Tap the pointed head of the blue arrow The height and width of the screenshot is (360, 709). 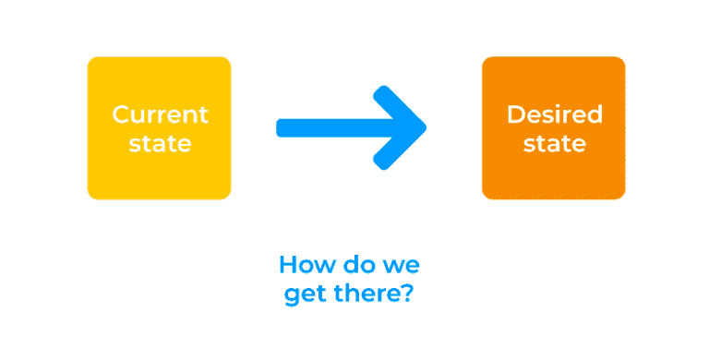[x=411, y=127]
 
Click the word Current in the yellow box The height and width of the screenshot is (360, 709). [x=160, y=115]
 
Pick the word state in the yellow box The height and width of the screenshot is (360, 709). [x=160, y=143]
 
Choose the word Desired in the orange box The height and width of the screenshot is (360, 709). [x=554, y=115]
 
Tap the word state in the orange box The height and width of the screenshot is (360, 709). [x=554, y=143]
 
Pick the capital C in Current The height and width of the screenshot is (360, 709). [x=119, y=115]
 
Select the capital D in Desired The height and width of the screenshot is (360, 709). [x=514, y=115]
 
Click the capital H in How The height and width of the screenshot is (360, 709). [x=287, y=266]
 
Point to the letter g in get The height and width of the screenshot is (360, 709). [x=291, y=297]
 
